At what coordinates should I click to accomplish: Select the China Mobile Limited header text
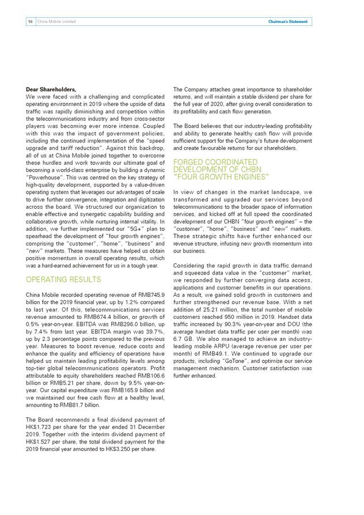pos(56,22)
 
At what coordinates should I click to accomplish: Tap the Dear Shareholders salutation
pos(51,89)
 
